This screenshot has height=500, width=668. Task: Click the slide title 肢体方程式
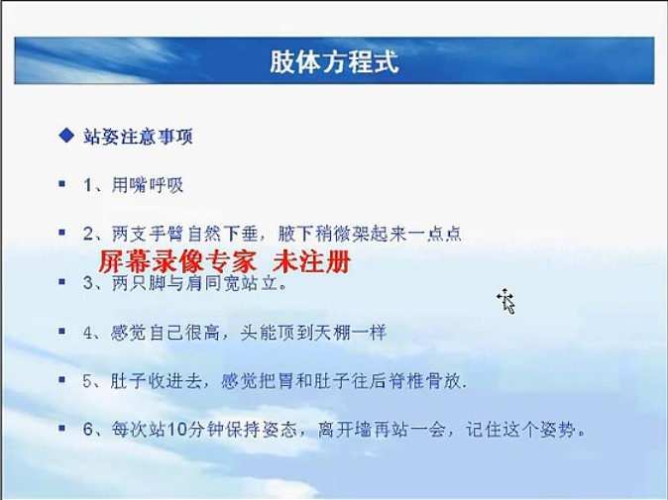click(x=334, y=61)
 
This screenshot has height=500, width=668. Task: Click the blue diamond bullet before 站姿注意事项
click(x=66, y=136)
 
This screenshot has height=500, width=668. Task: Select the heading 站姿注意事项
click(x=138, y=137)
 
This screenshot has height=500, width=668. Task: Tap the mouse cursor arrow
click(x=507, y=302)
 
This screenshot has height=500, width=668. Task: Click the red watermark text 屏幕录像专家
click(x=176, y=261)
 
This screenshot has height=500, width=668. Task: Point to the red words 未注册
click(x=311, y=261)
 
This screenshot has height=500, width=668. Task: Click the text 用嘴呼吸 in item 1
click(x=148, y=185)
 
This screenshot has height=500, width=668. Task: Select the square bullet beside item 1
click(x=62, y=184)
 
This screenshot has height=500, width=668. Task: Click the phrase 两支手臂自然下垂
click(x=185, y=234)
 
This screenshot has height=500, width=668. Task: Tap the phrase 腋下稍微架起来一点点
click(x=370, y=234)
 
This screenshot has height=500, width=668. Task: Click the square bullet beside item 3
click(x=62, y=282)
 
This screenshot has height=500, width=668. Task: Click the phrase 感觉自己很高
click(x=165, y=333)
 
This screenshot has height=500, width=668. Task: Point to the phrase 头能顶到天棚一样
click(x=313, y=333)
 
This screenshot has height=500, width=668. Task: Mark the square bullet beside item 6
click(x=62, y=428)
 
